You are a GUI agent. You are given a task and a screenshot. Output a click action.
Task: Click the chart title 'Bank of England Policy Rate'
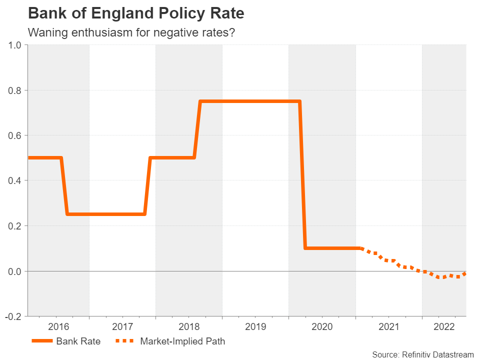pyautogui.click(x=136, y=13)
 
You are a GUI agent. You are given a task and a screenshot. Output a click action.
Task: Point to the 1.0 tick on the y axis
pyautogui.click(x=15, y=45)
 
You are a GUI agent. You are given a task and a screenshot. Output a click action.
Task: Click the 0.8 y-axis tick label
pyautogui.click(x=15, y=90)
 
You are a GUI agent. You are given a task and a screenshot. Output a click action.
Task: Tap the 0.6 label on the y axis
pyautogui.click(x=15, y=135)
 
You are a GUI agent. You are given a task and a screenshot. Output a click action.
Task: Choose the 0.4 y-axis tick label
pyautogui.click(x=15, y=180)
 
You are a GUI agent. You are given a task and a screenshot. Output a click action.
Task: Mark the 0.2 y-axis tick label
pyautogui.click(x=15, y=226)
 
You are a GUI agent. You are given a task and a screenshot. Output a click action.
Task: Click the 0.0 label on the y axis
pyautogui.click(x=15, y=271)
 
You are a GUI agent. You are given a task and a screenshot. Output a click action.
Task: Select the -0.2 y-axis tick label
pyautogui.click(x=14, y=316)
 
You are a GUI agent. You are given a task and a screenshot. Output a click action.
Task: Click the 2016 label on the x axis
pyautogui.click(x=58, y=327)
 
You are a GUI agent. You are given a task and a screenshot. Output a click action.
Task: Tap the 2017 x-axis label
pyautogui.click(x=122, y=327)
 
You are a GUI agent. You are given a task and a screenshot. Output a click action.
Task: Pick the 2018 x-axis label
pyautogui.click(x=189, y=327)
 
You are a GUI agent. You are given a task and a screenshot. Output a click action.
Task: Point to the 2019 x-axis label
pyautogui.click(x=255, y=327)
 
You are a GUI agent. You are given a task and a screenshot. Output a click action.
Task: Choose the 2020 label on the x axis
pyautogui.click(x=322, y=327)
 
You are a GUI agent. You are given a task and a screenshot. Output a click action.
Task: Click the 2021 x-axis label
pyautogui.click(x=388, y=327)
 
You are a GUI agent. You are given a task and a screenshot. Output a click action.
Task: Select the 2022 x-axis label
pyautogui.click(x=444, y=327)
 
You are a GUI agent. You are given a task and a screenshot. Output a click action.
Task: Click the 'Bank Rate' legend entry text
pyautogui.click(x=78, y=341)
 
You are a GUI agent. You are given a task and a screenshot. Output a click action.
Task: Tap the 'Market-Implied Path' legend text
pyautogui.click(x=182, y=341)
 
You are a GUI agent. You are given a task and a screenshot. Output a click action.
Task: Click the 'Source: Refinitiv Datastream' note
pyautogui.click(x=422, y=354)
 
